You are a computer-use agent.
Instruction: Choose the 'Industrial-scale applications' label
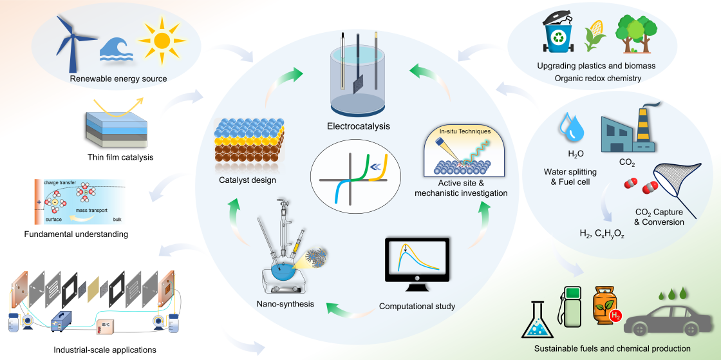tap(104, 350)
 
